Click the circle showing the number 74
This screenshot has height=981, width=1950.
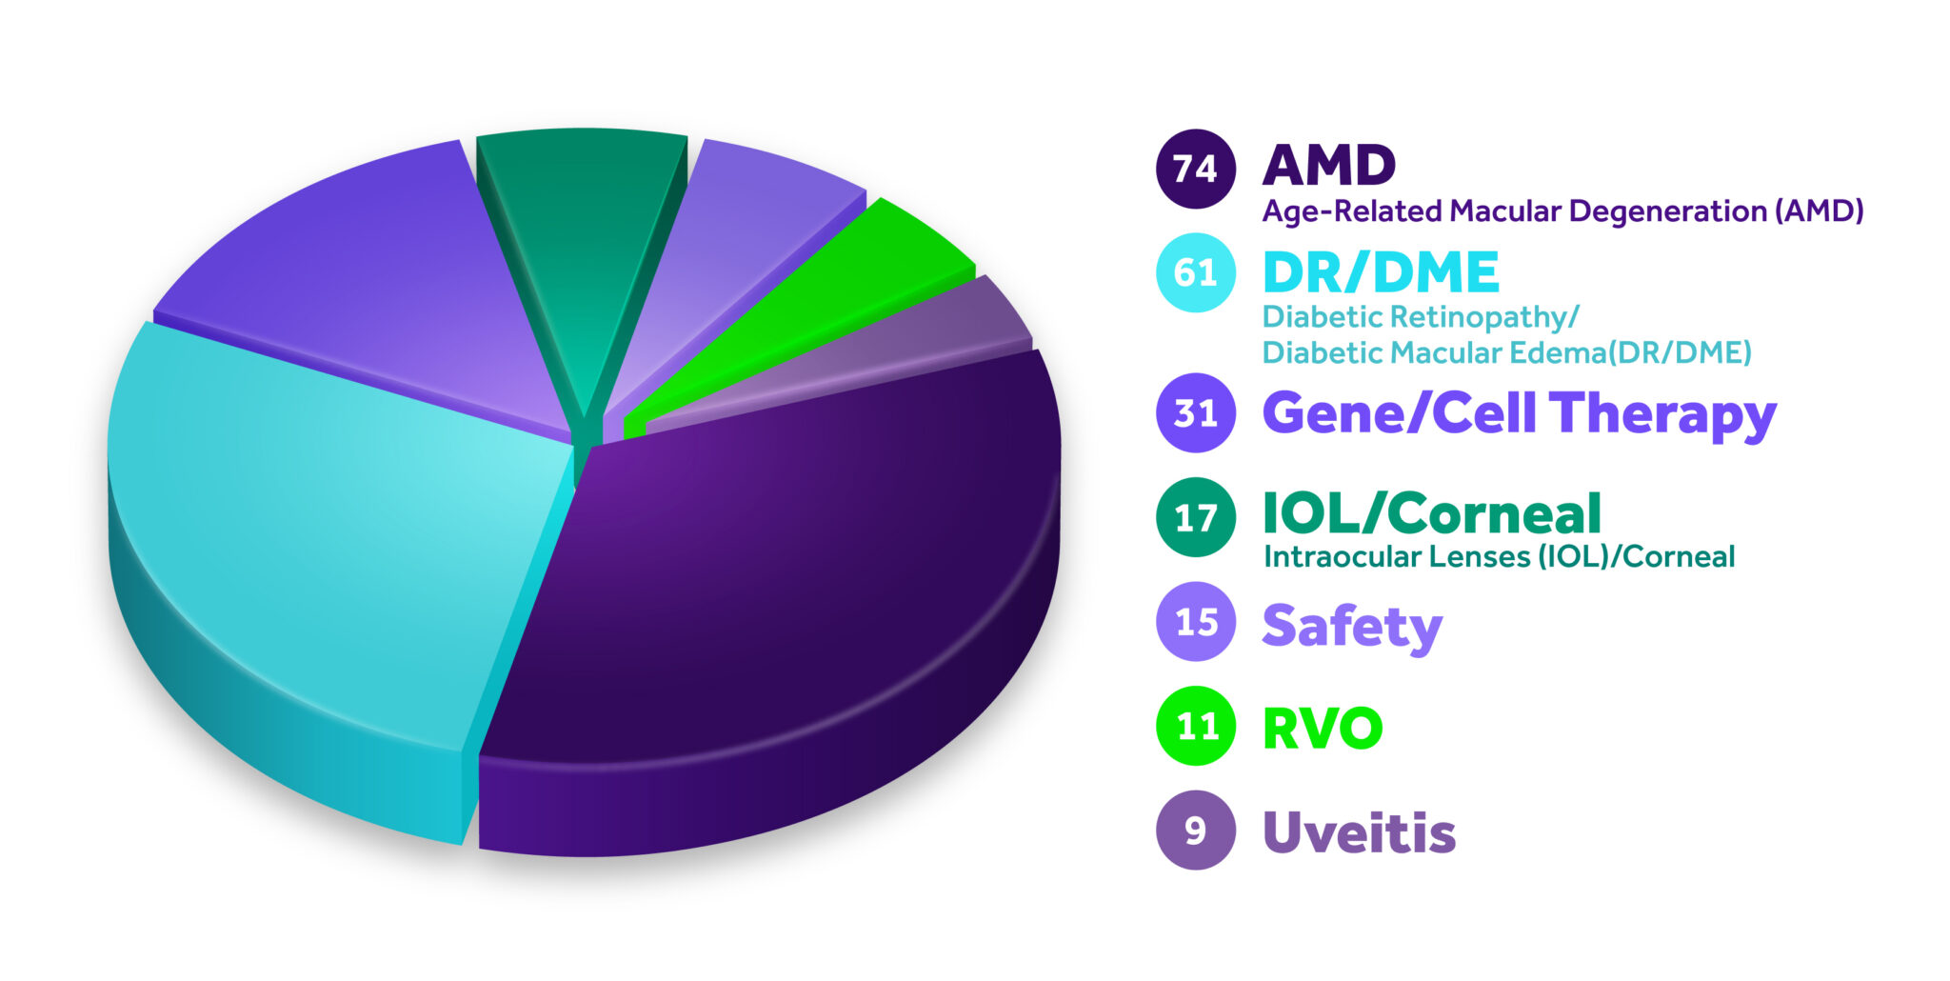(1196, 169)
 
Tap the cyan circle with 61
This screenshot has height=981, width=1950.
(1196, 272)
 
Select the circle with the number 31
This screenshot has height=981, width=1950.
(1196, 413)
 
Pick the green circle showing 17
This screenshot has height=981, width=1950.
(1196, 517)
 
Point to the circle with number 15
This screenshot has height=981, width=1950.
(1196, 622)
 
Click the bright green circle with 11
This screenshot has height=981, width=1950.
(1196, 726)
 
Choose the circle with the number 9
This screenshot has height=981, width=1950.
(1196, 831)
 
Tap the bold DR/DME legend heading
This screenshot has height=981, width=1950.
(1381, 272)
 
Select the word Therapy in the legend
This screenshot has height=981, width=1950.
(1662, 415)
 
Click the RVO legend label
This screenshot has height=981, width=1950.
(1323, 729)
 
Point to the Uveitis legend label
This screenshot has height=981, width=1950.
(1359, 832)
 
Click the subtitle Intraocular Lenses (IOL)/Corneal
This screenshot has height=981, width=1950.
(1499, 557)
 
